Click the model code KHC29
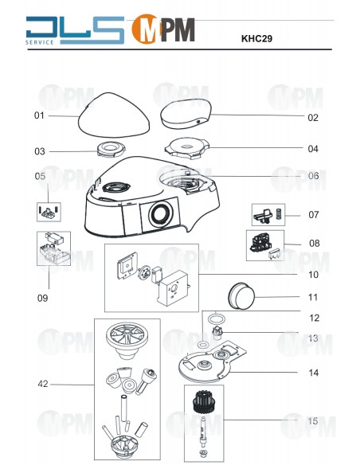(x=256, y=38)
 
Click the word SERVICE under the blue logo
(x=40, y=42)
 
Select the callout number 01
(x=39, y=115)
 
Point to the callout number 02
(x=313, y=118)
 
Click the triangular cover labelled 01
(x=114, y=115)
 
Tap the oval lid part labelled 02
(x=186, y=114)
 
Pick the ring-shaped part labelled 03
(x=111, y=148)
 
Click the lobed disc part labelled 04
(x=187, y=147)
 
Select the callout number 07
(x=314, y=214)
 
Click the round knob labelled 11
(x=241, y=296)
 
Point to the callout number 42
(x=43, y=384)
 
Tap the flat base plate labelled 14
(x=213, y=361)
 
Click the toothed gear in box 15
(x=203, y=401)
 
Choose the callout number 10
(x=313, y=275)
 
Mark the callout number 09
(x=42, y=298)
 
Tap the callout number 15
(x=313, y=421)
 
